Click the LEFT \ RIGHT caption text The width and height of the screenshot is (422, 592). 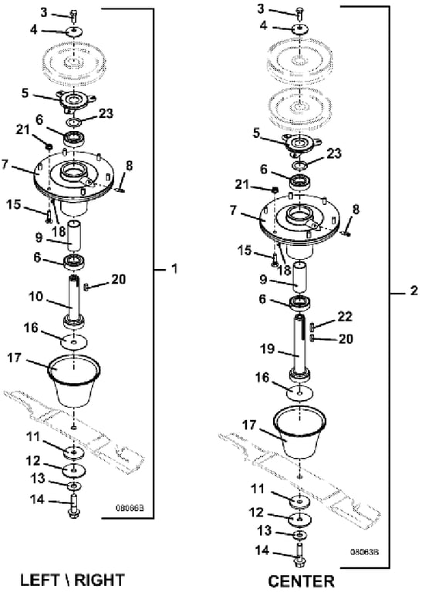(72, 580)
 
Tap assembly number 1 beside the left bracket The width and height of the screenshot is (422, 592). (174, 269)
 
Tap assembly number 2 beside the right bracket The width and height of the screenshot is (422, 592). (414, 291)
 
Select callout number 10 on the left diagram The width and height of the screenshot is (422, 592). (37, 296)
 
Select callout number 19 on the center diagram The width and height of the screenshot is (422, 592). (267, 348)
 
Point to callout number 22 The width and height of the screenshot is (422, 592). (345, 316)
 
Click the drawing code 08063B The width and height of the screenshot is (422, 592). (364, 552)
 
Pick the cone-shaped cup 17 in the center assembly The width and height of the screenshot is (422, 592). (299, 431)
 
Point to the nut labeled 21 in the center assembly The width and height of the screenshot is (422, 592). (275, 188)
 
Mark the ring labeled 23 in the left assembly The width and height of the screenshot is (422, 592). (73, 122)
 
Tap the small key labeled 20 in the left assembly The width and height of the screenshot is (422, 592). (86, 288)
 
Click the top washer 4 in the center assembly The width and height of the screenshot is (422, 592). (299, 29)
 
